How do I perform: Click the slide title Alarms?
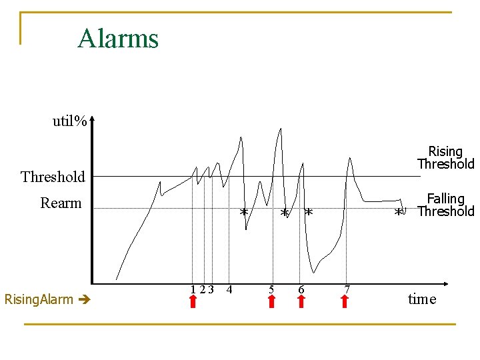tap(118, 39)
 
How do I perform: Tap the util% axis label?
tap(70, 121)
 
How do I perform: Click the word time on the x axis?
tap(422, 299)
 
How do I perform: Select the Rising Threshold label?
tap(445, 158)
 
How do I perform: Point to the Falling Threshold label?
tap(445, 205)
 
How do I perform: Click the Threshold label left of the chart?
tap(53, 177)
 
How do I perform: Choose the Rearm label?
tap(61, 203)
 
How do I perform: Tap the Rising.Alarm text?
tap(39, 299)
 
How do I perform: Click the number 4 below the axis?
tap(229, 289)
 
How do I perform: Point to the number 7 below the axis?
tap(347, 289)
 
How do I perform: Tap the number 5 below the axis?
tap(271, 289)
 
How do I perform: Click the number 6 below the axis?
tap(301, 289)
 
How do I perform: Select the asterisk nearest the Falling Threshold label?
tap(399, 212)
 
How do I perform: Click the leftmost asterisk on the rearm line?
tap(244, 212)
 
